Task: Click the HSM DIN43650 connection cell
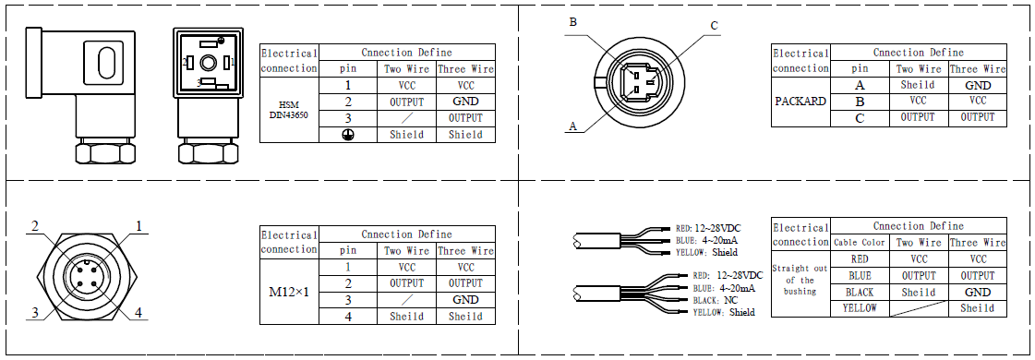tap(289, 110)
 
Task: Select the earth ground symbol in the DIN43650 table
tap(348, 135)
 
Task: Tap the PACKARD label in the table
tap(800, 102)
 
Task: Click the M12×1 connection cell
tap(289, 292)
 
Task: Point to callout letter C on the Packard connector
tap(714, 26)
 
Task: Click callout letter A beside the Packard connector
tap(572, 126)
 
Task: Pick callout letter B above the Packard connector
tap(573, 22)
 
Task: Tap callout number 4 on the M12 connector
tap(138, 312)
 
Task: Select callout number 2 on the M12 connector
tap(35, 226)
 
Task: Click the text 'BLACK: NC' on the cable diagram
tap(716, 300)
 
